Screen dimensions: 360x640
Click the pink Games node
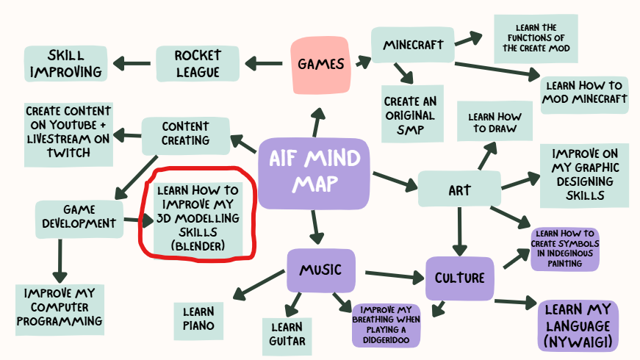pos(321,64)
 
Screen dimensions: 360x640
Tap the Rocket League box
pos(198,63)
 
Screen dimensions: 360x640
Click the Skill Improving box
pos(65,63)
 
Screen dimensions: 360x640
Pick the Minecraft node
pos(413,46)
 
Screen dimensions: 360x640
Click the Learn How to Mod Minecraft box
pos(585,93)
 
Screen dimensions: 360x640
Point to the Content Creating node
pos(186,133)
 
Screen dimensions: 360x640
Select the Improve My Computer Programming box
pos(60,306)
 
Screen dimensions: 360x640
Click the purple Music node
pos(320,270)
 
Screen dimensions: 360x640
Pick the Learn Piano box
pos(198,319)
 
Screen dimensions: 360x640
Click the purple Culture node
pos(459,278)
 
